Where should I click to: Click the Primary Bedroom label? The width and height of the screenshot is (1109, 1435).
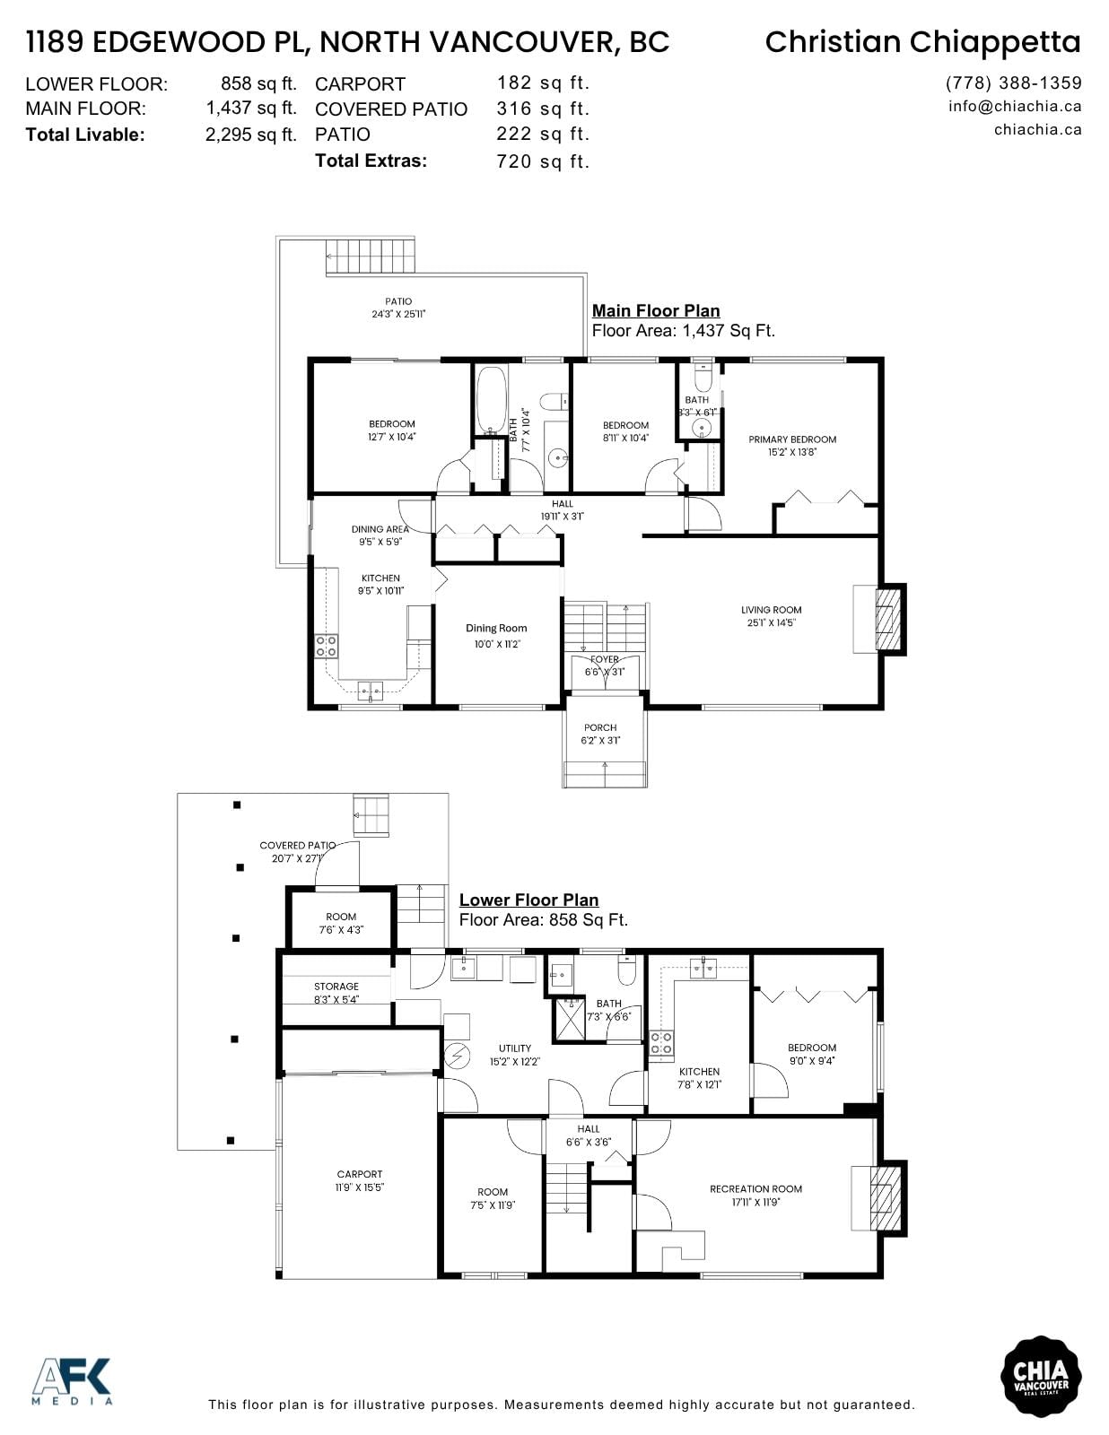point(792,439)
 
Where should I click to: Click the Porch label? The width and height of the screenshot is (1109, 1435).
point(600,727)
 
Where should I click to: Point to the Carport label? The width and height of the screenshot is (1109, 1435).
point(360,1174)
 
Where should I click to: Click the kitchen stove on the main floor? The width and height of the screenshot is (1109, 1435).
point(326,646)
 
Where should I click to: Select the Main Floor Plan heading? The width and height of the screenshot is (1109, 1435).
point(656,310)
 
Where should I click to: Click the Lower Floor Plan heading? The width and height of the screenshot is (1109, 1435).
point(528,900)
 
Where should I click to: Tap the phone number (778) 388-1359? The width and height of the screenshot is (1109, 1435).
point(1014,83)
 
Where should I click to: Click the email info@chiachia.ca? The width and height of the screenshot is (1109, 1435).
point(1015,106)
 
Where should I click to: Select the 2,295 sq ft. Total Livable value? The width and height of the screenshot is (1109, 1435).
point(250,135)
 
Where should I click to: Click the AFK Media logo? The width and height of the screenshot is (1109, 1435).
point(72,1380)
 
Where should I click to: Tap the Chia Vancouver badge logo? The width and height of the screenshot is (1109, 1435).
point(1041,1376)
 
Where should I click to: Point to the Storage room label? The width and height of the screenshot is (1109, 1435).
point(336,986)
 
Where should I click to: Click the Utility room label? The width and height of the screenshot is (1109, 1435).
point(515,1048)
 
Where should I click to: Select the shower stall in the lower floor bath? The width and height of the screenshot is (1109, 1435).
point(568,1019)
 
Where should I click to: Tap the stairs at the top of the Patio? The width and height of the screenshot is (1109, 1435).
point(371,257)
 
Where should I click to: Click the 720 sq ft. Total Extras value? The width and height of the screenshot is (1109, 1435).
point(542,161)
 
